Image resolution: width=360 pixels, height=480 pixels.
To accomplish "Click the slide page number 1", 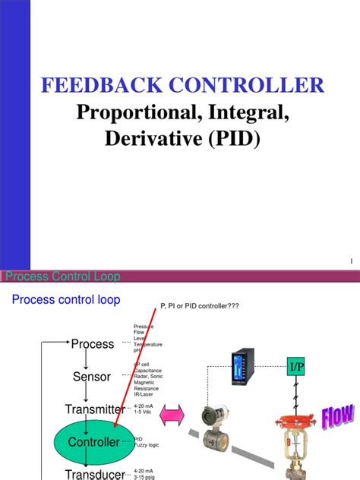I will (352, 261).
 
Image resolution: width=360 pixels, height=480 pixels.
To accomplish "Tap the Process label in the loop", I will (92, 344).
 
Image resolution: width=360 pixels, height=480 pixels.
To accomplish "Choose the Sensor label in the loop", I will (92, 377).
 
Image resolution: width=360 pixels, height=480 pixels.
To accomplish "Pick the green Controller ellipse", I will (92, 441).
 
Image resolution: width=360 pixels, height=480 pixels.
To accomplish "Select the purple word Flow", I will (337, 416).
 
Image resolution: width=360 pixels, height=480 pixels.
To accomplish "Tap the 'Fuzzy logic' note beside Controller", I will (147, 444).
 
